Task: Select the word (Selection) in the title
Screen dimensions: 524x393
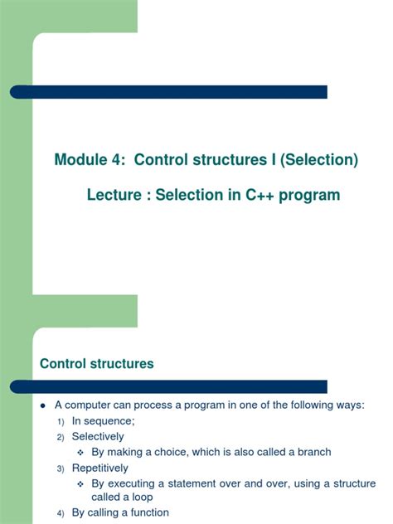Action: (x=319, y=160)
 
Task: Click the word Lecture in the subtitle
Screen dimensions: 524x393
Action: (x=113, y=196)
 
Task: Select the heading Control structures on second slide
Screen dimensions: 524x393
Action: (x=97, y=364)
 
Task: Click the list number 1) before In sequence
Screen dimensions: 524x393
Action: (x=60, y=421)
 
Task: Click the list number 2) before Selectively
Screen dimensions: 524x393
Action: (x=60, y=437)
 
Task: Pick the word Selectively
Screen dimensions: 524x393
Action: (x=98, y=436)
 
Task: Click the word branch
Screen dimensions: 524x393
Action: (x=312, y=452)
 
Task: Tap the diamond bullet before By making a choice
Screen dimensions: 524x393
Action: (x=80, y=453)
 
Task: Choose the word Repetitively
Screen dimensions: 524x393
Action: (x=100, y=468)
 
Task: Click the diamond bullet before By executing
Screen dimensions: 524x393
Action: (x=80, y=483)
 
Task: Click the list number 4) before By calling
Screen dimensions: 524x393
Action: (x=60, y=513)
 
